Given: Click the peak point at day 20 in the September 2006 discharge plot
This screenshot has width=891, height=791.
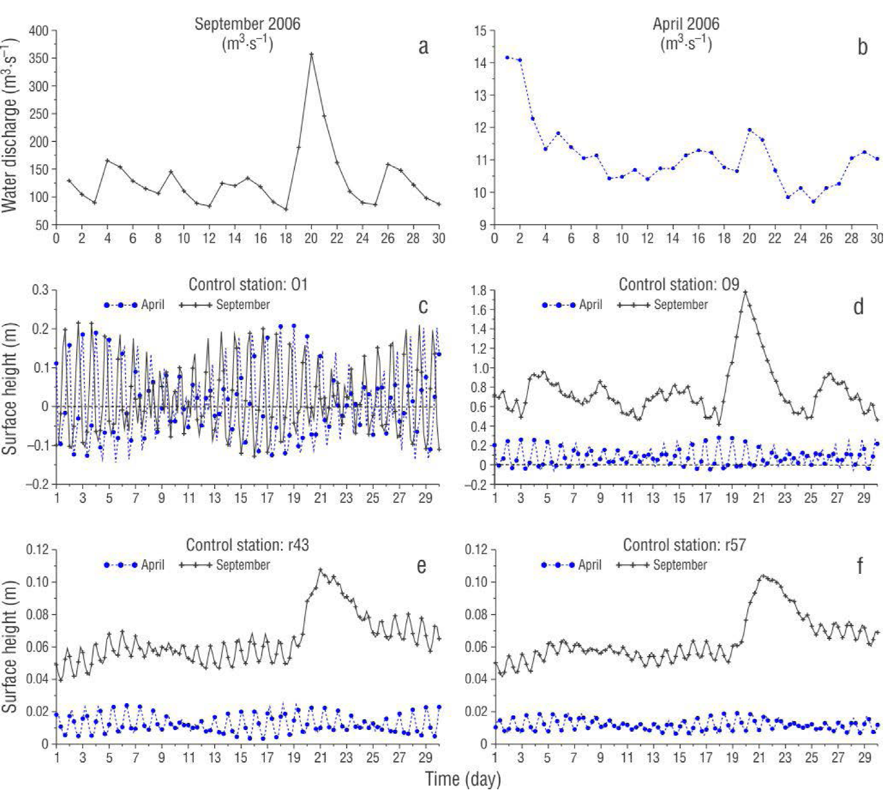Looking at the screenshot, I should tap(311, 54).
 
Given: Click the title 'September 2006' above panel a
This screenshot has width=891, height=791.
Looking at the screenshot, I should tap(247, 24).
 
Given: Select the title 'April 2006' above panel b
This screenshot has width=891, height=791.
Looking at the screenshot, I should tap(686, 24).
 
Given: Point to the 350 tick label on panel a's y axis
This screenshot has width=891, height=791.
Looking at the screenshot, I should tap(39, 58).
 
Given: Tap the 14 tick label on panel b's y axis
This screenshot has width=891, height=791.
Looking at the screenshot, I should tap(480, 63).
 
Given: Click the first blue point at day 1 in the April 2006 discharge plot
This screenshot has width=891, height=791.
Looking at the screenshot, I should tap(507, 58).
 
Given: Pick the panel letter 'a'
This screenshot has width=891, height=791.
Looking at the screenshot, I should tap(423, 47).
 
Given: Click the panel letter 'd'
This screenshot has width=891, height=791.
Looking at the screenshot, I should tap(858, 307).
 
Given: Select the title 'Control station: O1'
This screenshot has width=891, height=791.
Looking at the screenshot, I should tap(247, 285).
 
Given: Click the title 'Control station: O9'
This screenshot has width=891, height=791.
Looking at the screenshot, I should tap(679, 285).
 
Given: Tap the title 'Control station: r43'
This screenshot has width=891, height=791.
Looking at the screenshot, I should tap(247, 545).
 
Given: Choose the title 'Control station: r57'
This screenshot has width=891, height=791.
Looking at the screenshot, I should tap(684, 545).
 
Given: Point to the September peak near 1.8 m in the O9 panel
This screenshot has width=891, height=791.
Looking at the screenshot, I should tap(745, 292).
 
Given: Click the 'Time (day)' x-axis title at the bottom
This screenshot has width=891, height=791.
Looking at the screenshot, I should tap(463, 779).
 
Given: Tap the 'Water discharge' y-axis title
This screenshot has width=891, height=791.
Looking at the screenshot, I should tap(9, 126).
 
